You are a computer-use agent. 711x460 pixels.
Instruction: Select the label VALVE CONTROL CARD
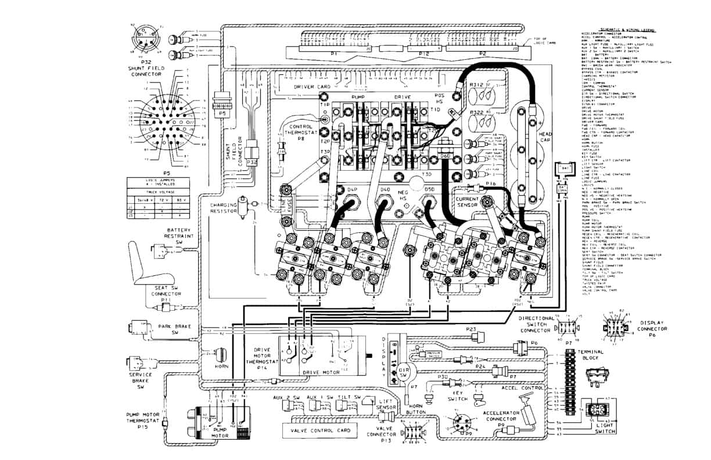pyautogui.click(x=318, y=430)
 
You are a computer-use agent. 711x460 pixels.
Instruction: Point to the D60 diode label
pyautogui.click(x=447, y=156)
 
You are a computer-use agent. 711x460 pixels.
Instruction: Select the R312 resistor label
pyautogui.click(x=477, y=84)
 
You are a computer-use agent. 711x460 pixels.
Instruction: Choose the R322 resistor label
pyautogui.click(x=477, y=112)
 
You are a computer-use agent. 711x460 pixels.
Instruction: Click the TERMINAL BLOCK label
pyautogui.click(x=590, y=355)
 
